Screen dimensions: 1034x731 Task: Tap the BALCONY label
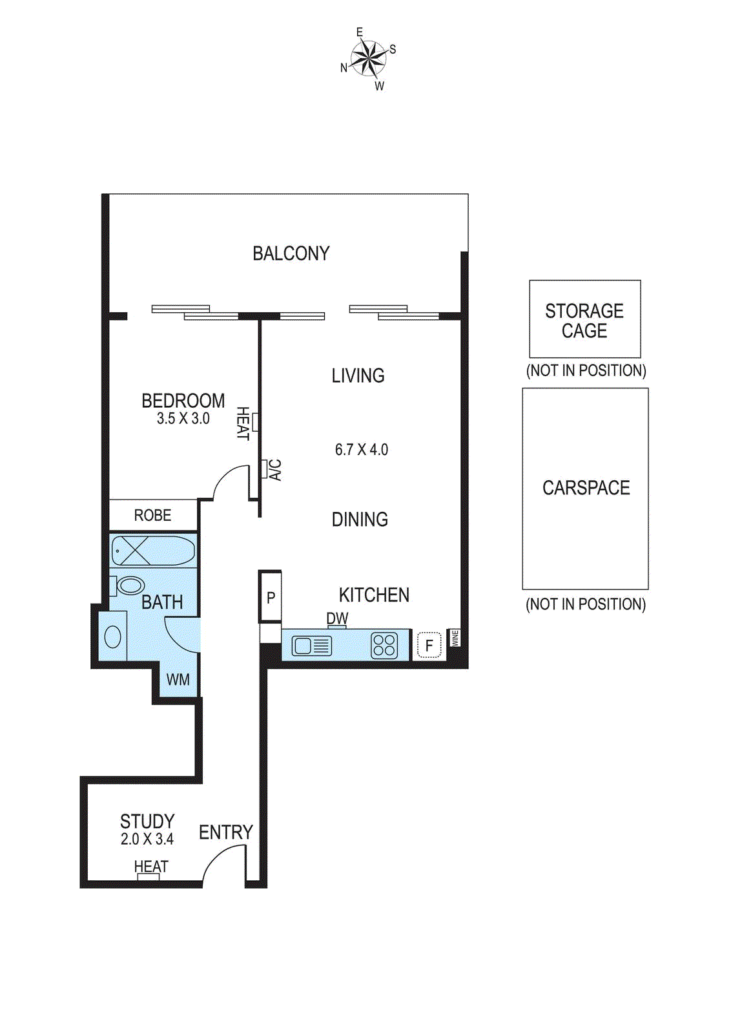[291, 253]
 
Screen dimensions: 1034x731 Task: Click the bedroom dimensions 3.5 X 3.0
[183, 419]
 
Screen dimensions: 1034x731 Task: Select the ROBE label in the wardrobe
[152, 515]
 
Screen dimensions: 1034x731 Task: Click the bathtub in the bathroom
[152, 551]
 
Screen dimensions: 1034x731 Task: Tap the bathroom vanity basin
[112, 637]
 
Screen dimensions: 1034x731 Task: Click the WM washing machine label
[178, 679]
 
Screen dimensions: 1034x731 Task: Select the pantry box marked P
[271, 598]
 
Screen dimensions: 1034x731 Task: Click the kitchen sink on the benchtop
[311, 646]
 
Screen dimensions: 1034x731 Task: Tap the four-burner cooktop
[384, 646]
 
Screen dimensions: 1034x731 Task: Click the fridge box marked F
[429, 645]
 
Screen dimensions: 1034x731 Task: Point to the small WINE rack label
[455, 638]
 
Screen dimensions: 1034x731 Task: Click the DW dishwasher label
[337, 618]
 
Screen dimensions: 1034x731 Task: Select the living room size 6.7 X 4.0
[361, 449]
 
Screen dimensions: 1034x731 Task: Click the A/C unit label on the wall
[275, 470]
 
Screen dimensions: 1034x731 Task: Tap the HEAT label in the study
[151, 866]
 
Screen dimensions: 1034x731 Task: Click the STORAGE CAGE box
[584, 319]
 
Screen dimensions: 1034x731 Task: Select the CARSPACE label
[586, 488]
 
